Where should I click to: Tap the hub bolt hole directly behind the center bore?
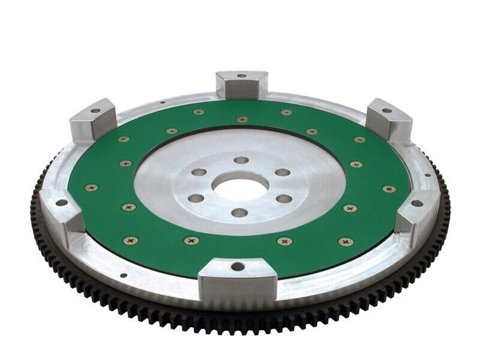(x=241, y=160)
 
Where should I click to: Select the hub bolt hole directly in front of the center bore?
(x=239, y=212)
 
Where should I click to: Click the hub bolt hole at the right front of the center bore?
(x=284, y=199)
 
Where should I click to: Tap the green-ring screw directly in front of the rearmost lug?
(x=242, y=119)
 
